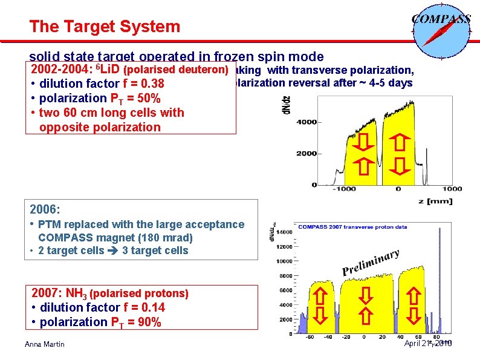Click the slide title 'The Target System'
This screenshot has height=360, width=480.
click(105, 27)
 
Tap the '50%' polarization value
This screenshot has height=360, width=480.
click(148, 98)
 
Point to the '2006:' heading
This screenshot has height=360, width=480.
click(45, 209)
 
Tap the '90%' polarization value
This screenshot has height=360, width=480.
click(148, 322)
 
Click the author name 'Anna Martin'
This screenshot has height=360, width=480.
click(45, 344)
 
